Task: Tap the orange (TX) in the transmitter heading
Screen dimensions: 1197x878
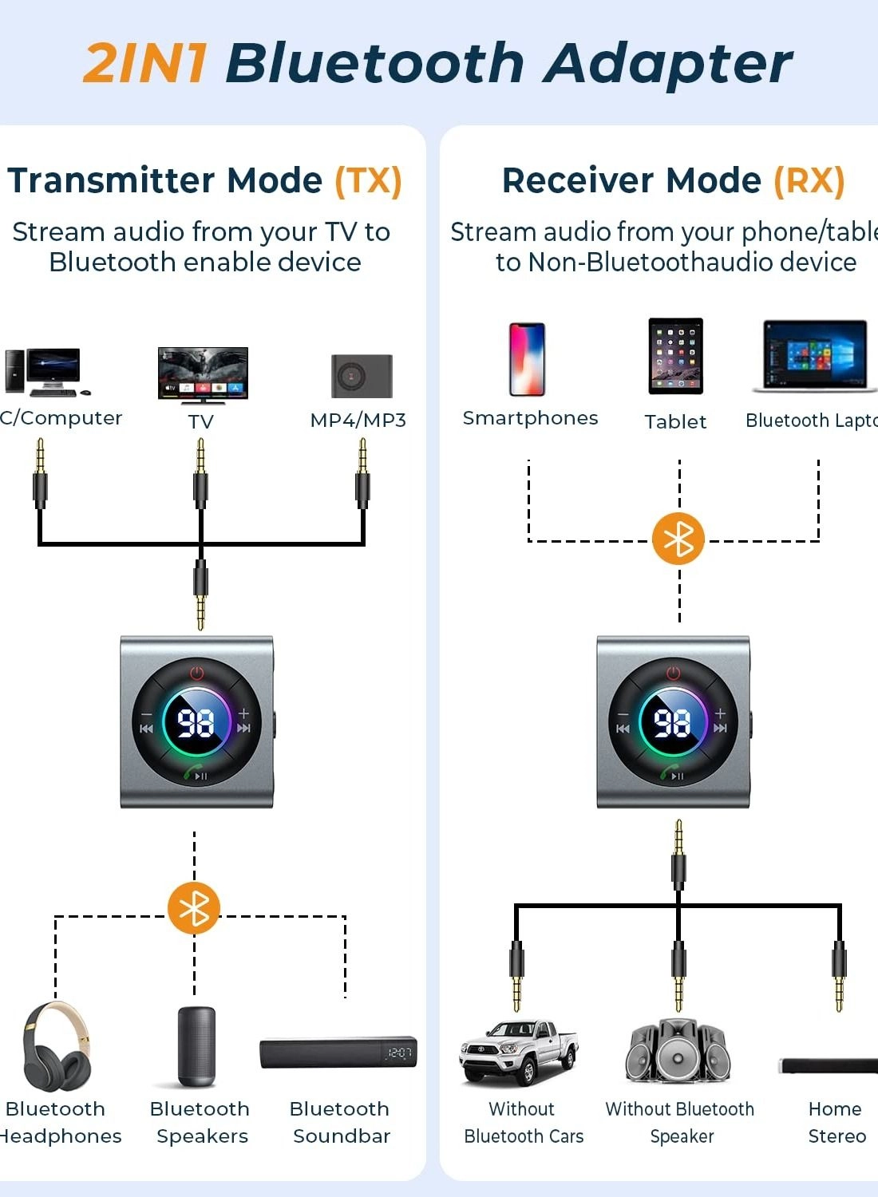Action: (368, 180)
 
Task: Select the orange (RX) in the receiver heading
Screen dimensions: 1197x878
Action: (809, 180)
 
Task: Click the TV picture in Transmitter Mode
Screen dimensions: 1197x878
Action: (203, 373)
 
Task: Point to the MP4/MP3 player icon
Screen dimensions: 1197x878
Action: (362, 376)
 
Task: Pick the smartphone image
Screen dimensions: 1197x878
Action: (527, 359)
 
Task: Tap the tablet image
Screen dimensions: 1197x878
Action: (675, 356)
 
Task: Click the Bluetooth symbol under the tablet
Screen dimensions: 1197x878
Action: (678, 539)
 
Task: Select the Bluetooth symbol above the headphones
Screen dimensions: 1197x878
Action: (194, 908)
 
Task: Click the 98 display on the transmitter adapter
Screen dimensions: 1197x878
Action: (196, 723)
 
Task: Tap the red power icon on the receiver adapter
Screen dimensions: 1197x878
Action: (674, 673)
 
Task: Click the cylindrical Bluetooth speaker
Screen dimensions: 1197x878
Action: (196, 1046)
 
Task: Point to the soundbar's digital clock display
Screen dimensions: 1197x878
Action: (399, 1053)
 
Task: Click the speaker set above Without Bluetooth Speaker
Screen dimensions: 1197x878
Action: (678, 1050)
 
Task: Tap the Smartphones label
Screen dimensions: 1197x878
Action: (530, 418)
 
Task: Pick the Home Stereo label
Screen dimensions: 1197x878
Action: (836, 1122)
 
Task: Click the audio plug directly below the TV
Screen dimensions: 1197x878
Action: (200, 475)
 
